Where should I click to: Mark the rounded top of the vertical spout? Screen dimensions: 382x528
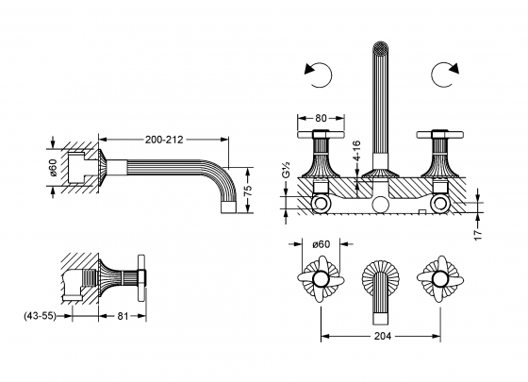point(381,46)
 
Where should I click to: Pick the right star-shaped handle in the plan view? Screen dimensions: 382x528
point(438,279)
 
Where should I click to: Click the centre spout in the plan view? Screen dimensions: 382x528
point(381,282)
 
